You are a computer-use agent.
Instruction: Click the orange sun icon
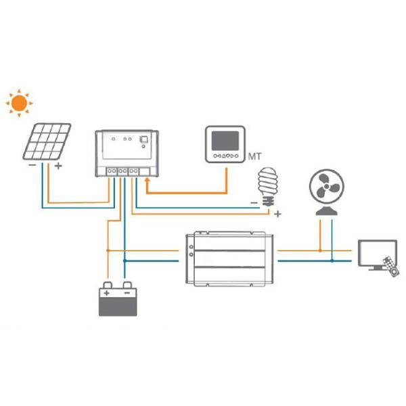pyautogui.click(x=19, y=102)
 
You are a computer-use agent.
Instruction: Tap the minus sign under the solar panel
pyautogui.click(x=32, y=165)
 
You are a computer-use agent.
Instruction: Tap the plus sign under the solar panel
pyautogui.click(x=58, y=165)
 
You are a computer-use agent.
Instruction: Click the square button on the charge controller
pyautogui.click(x=143, y=140)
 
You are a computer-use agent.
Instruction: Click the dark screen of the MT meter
pyautogui.click(x=226, y=141)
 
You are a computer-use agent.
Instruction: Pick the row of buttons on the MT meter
pyautogui.click(x=226, y=156)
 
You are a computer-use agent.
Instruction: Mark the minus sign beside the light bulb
pyautogui.click(x=254, y=202)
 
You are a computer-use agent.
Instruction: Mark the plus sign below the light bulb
pyautogui.click(x=277, y=214)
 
